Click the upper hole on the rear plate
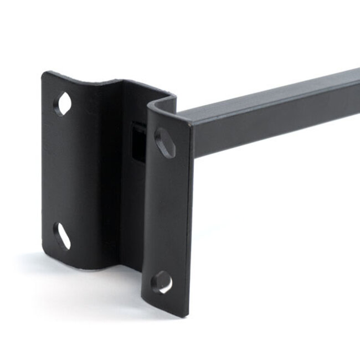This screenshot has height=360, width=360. [x=64, y=104]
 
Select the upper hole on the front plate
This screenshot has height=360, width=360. [x=164, y=143]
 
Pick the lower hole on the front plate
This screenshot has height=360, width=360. [x=162, y=282]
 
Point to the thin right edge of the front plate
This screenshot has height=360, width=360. [x=189, y=222]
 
